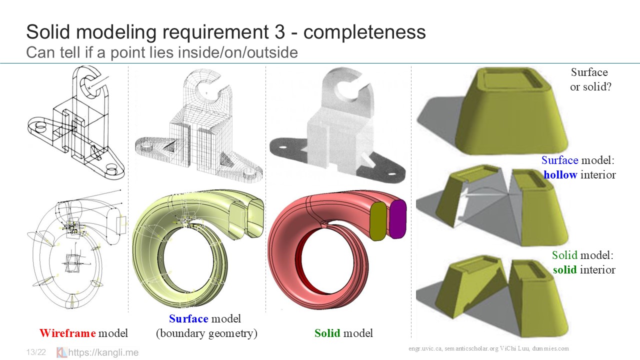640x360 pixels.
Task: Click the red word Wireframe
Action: click(67, 333)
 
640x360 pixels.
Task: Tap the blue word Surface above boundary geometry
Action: click(188, 318)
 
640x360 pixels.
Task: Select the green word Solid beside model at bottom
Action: click(327, 333)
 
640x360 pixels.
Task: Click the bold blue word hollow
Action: click(560, 174)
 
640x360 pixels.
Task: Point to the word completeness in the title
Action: click(364, 31)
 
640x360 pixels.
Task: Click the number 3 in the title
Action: click(279, 31)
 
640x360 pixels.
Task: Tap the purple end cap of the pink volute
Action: click(397, 219)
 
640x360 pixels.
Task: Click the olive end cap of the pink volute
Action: click(378, 221)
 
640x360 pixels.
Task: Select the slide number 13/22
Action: click(36, 352)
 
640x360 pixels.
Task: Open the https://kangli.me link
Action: click(103, 352)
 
